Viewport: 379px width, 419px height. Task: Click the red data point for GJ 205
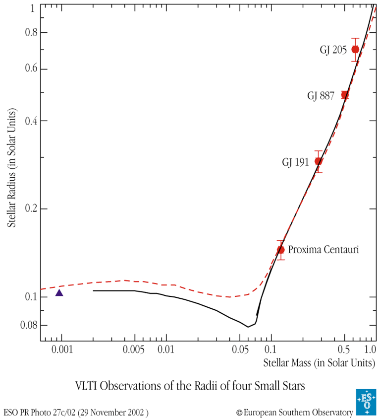[355, 49]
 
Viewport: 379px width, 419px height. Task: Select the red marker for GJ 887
[345, 95]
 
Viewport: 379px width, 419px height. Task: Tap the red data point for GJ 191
[319, 161]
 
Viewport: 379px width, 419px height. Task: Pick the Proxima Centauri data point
[280, 250]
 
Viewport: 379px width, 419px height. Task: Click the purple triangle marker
[59, 293]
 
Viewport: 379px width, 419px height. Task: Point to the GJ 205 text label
[332, 50]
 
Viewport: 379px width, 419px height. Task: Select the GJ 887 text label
[321, 95]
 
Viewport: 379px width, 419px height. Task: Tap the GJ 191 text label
[296, 162]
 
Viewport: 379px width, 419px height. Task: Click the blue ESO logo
[366, 402]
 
